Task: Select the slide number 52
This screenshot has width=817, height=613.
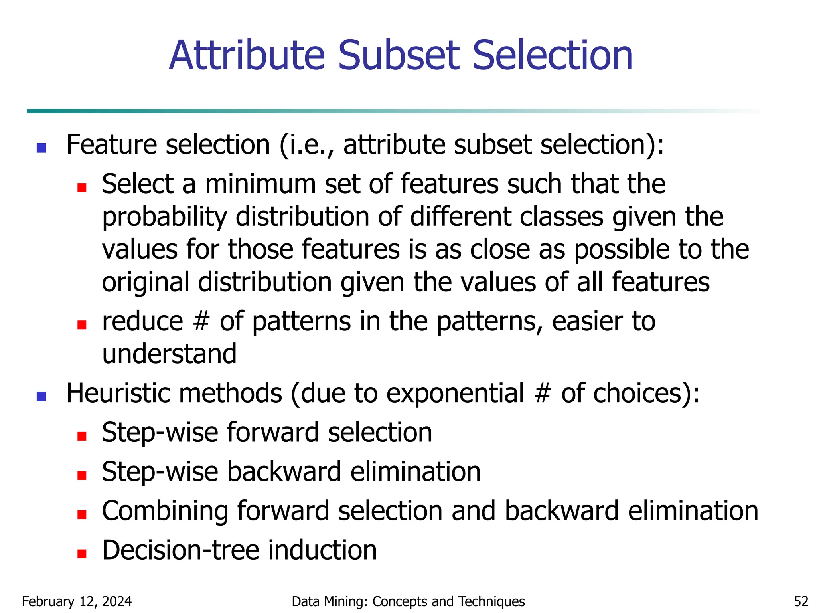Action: point(801,601)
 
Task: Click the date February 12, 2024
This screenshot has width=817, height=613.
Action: point(77,601)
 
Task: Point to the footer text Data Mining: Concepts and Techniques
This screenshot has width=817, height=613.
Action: point(408,601)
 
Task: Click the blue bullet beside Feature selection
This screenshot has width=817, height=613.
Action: point(41,148)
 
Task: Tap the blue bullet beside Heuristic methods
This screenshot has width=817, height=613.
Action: point(41,396)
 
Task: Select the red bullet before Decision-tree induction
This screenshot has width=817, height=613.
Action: point(82,554)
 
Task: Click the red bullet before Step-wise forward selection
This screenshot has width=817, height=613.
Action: point(82,436)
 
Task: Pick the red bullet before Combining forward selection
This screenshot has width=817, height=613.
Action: point(82,514)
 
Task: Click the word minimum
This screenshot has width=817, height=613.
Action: point(260,184)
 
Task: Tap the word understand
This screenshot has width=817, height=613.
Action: point(170,354)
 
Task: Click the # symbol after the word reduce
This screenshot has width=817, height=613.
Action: point(201,322)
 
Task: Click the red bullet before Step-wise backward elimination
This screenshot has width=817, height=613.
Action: point(82,475)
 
